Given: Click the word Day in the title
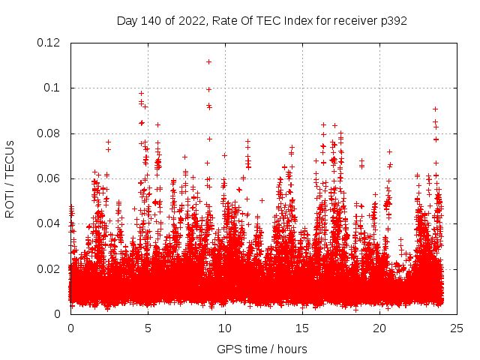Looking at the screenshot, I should tap(127, 21).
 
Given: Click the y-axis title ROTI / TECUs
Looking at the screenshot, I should tap(10, 178).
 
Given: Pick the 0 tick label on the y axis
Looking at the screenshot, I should tap(58, 314).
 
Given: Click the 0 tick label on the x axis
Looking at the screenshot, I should tap(70, 328).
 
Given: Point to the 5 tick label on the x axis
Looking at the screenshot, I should tap(148, 328).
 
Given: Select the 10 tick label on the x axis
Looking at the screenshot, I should tap(225, 328).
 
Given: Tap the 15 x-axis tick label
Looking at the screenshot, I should tap(302, 328).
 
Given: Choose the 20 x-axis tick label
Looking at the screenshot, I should tap(379, 328).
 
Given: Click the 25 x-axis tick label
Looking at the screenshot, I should tap(457, 328).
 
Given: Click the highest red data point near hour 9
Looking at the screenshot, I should tap(208, 61).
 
